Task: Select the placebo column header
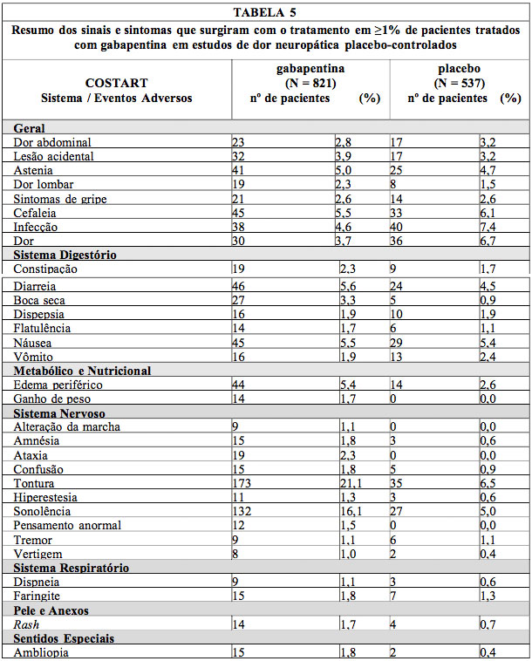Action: pyautogui.click(x=459, y=68)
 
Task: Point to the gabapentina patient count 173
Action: pyautogui.click(x=242, y=484)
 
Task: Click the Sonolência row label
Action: pyautogui.click(x=43, y=512)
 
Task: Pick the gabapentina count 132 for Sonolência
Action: pyautogui.click(x=242, y=512)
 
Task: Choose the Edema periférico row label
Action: pyautogui.click(x=58, y=385)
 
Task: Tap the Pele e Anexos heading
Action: pyautogui.click(x=51, y=610)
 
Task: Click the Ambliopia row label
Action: pyautogui.click(x=43, y=652)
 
